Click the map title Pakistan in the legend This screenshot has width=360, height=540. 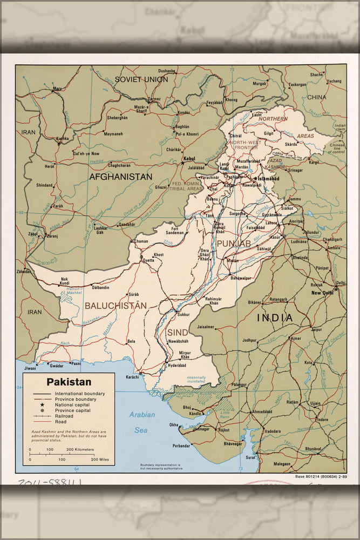coord(69,382)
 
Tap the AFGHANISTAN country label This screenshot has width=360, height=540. coord(121,177)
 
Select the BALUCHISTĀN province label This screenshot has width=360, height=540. coord(116,305)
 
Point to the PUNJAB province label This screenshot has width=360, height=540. coord(234,244)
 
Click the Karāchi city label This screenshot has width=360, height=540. coord(132,376)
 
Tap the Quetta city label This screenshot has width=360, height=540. coord(148,260)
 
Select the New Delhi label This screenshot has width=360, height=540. coord(322,293)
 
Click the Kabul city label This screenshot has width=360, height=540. coord(189,159)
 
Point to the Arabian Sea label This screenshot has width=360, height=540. coord(141,422)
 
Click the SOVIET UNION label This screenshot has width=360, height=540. coord(141,79)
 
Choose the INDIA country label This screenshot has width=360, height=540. coord(275,318)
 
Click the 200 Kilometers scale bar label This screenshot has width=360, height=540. coord(80,449)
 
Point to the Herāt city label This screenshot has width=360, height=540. coord(49,167)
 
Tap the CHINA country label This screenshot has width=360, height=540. coord(317,97)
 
